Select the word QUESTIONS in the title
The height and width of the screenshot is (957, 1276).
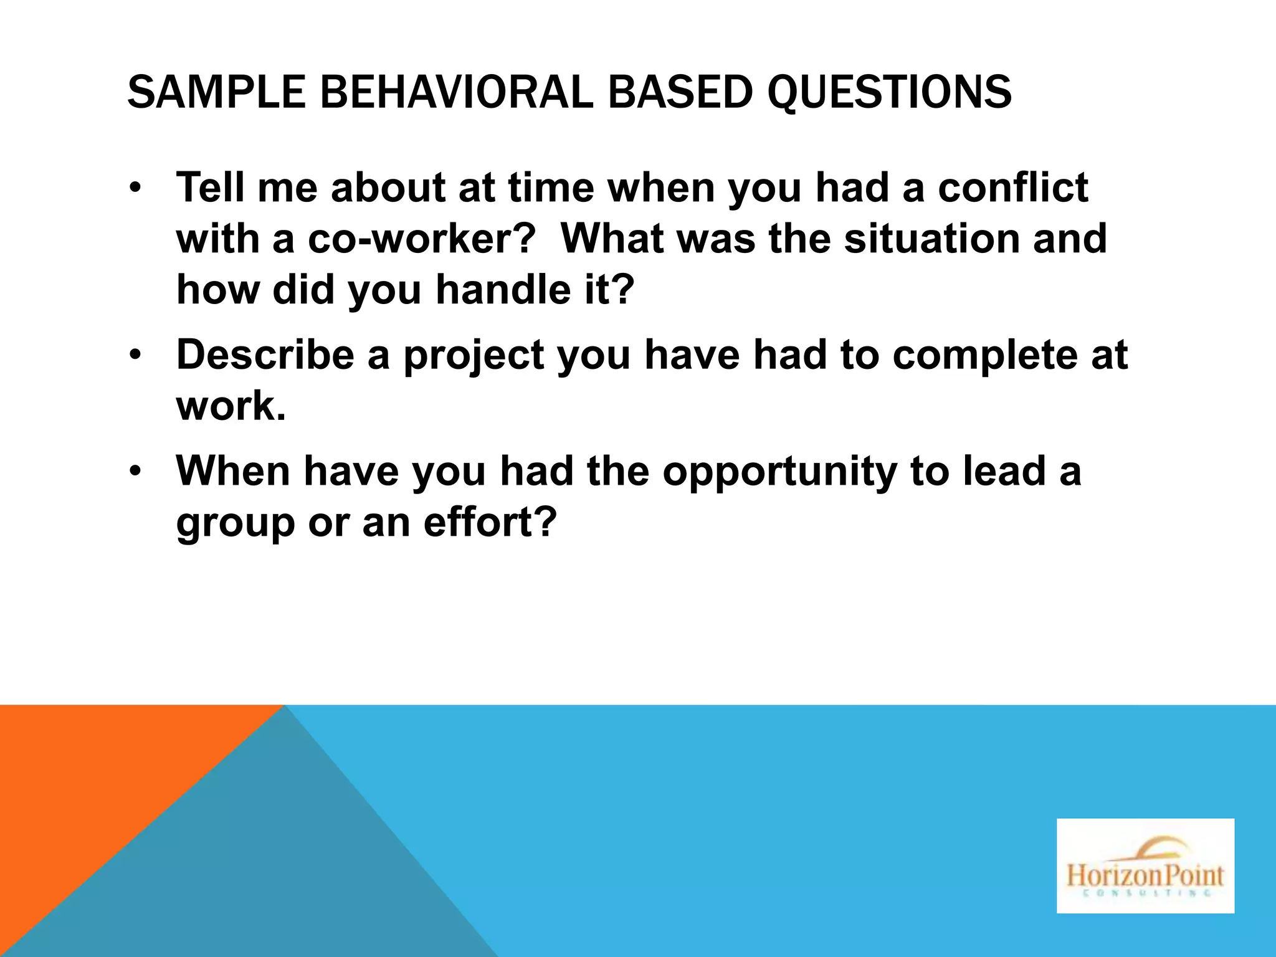point(889,92)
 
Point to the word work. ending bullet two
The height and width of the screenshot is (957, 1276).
point(231,406)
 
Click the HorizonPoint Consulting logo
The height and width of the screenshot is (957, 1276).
point(1145,866)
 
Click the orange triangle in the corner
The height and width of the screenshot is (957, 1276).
point(93,779)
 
